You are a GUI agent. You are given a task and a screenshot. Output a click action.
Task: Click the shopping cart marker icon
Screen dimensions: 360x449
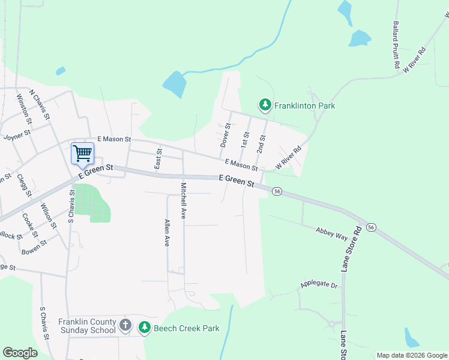[x=82, y=152]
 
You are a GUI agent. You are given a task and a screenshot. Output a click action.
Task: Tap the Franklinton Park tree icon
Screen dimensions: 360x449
[x=265, y=106]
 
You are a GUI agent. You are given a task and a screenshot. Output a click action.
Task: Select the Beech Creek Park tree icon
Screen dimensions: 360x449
[x=144, y=328]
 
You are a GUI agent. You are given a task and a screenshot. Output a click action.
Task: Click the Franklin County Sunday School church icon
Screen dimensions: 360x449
[x=125, y=326]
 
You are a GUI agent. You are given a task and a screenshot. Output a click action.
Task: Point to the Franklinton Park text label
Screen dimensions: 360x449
[x=304, y=106]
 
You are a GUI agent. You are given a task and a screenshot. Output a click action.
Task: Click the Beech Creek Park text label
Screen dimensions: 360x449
[x=186, y=328]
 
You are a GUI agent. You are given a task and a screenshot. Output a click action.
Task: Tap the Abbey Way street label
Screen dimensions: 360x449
[x=332, y=233]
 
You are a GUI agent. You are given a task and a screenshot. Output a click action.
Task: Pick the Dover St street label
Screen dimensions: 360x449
[x=226, y=136]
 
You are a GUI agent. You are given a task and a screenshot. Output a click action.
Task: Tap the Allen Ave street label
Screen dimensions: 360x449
[x=167, y=233]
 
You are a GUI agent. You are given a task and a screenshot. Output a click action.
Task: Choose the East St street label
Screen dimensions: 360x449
[x=158, y=159]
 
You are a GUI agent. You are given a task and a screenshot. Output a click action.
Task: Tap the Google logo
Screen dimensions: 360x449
[x=20, y=353]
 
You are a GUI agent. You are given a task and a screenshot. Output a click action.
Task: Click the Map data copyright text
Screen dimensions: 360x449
[x=411, y=355]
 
